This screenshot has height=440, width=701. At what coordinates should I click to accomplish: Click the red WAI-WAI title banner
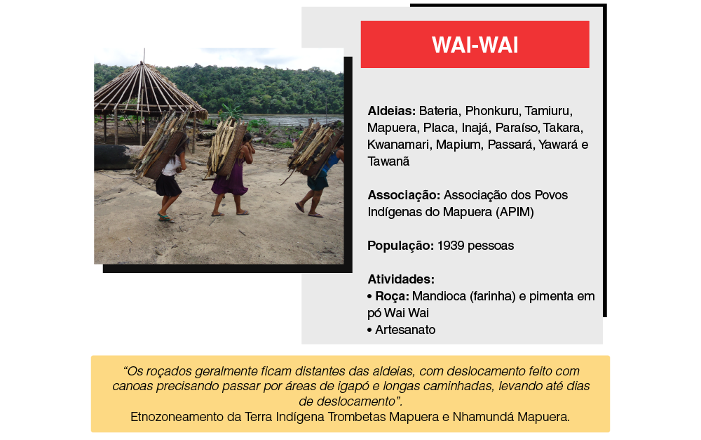[x=475, y=44]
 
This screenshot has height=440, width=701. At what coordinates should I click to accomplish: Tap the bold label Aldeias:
[x=392, y=111]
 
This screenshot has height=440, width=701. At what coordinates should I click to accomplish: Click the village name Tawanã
[x=388, y=161]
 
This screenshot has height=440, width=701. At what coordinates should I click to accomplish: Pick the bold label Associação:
[x=404, y=195]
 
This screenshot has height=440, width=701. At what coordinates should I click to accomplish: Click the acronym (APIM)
[x=515, y=212]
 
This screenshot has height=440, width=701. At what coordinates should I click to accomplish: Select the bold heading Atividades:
[x=401, y=279]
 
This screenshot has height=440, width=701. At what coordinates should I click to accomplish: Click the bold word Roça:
[x=392, y=296]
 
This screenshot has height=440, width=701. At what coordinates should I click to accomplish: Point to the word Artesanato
[x=405, y=330]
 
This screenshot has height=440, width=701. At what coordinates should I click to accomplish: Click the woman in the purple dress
[x=233, y=175]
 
